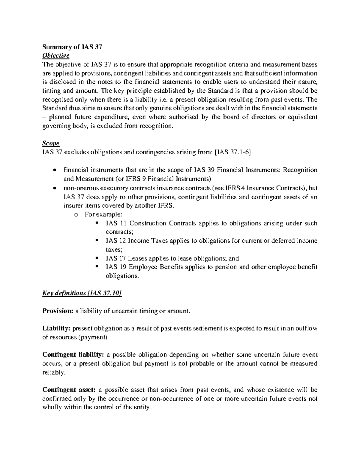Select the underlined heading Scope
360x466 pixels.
[x=51, y=143]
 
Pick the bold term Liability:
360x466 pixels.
[x=56, y=329]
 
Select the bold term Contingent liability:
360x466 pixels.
[x=73, y=355]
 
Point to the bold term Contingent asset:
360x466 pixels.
[x=69, y=390]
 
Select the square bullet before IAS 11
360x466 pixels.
[x=97, y=223]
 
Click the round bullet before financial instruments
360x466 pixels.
[x=54, y=170]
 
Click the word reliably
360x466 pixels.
[x=53, y=373]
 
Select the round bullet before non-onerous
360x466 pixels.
[x=54, y=188]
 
